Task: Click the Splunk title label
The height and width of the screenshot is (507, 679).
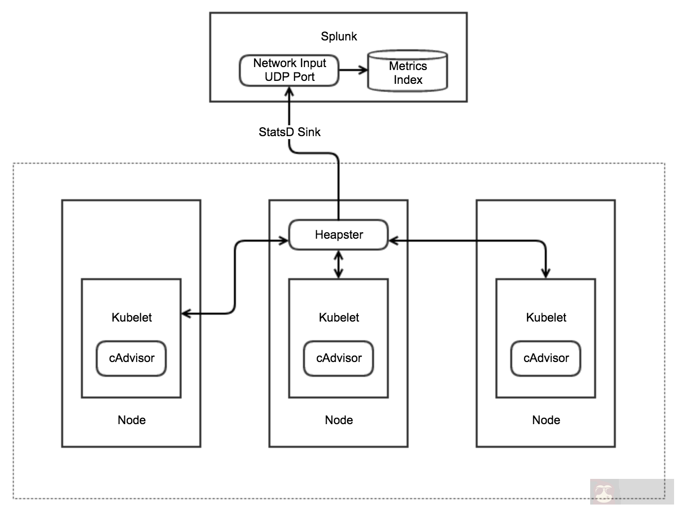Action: coord(339,36)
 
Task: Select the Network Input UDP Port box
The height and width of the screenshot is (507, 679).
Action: coord(289,70)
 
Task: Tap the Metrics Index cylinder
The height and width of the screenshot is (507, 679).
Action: coord(408,72)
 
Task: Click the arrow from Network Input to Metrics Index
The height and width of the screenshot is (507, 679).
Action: coord(353,70)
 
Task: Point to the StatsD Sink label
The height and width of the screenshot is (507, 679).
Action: coord(289,132)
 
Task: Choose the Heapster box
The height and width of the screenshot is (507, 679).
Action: coord(339,235)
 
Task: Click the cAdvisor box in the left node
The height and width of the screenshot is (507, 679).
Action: coord(131,358)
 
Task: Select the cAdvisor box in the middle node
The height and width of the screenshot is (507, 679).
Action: coord(339,358)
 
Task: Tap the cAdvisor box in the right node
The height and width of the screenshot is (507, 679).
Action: coord(546,358)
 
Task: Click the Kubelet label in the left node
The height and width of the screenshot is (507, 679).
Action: coord(131,318)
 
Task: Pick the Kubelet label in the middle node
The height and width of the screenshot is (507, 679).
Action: coord(339,318)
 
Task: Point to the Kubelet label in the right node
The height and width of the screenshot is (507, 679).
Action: coord(546,318)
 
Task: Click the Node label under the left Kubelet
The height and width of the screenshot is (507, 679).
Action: coord(131,420)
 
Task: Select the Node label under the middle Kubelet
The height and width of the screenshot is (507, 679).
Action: coord(339,420)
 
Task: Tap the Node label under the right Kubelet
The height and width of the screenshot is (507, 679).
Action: coord(546,420)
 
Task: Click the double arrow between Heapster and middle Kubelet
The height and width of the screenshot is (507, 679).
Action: coord(339,264)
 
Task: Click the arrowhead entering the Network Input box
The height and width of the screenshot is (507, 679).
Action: coord(289,92)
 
